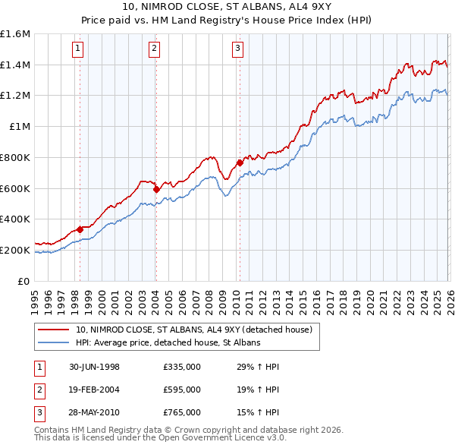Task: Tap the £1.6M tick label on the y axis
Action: [x=15, y=34]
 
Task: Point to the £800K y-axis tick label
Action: [x=15, y=157]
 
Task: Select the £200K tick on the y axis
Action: [x=15, y=250]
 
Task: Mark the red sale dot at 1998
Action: [x=80, y=229]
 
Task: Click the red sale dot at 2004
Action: [x=155, y=189]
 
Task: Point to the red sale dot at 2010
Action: [x=240, y=162]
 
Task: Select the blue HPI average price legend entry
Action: [x=168, y=342]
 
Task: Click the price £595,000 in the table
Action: [x=181, y=390]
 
